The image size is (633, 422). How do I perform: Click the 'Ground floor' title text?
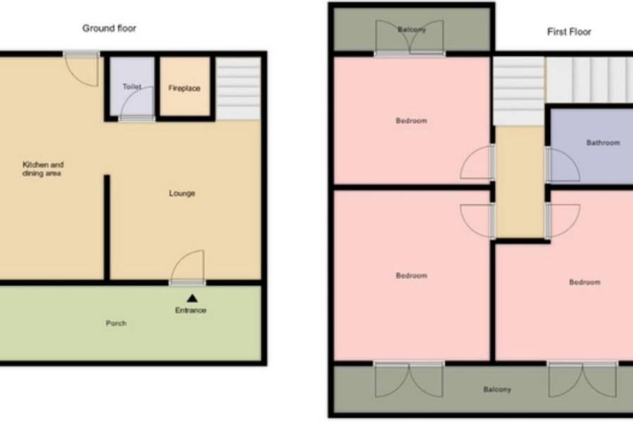coord(109,28)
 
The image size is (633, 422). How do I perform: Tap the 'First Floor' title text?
coord(569,32)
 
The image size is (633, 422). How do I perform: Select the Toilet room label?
coord(132,87)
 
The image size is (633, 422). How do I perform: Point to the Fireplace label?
coord(184,88)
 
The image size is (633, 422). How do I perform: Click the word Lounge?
coord(181,193)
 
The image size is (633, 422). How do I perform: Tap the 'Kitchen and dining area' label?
coord(42,169)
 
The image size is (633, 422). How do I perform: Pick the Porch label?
coord(116,323)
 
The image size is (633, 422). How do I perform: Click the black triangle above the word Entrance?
coord(192,298)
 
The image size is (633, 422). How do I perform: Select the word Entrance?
coord(191,310)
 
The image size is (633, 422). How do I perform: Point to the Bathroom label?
coord(603,143)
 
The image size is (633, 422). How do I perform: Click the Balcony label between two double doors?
coord(497,389)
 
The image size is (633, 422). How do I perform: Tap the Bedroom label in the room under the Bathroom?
coord(584,282)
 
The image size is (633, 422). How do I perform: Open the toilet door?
coord(137,103)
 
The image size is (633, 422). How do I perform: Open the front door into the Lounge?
coord(188,267)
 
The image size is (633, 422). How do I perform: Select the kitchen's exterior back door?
coord(82,69)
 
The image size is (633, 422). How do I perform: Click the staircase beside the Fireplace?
coord(238,89)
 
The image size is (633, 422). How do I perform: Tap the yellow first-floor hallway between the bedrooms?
coord(520,181)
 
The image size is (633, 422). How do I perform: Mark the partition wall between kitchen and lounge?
coord(107,227)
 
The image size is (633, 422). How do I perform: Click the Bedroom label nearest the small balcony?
coord(411,120)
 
